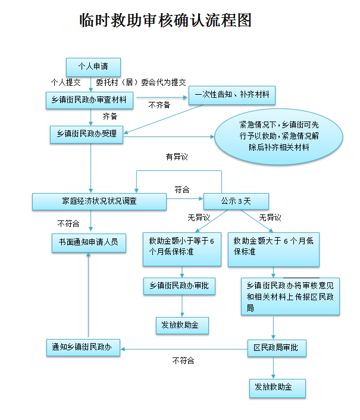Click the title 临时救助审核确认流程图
tap(166, 20)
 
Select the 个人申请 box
tap(93, 66)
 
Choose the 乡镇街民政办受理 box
tap(86, 134)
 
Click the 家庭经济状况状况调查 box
tap(99, 201)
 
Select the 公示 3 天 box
tap(236, 201)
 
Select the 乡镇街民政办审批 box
tap(179, 287)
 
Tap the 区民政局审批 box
tap(277, 347)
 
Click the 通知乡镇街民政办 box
tap(83, 347)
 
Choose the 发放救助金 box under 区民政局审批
tap(277, 388)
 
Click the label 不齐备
tap(159, 105)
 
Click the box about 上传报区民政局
tap(290, 296)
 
